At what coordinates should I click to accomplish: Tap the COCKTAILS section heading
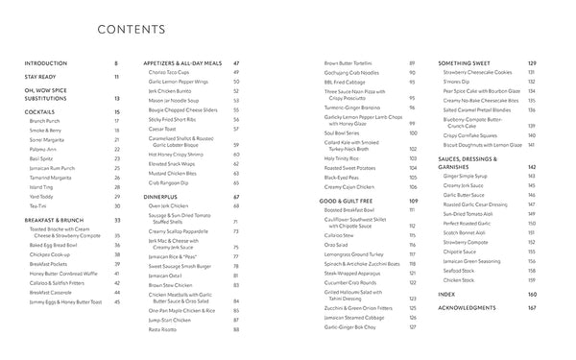point(39,112)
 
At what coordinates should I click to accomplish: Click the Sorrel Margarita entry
point(49,139)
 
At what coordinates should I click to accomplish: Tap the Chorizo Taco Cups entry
point(173,72)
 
